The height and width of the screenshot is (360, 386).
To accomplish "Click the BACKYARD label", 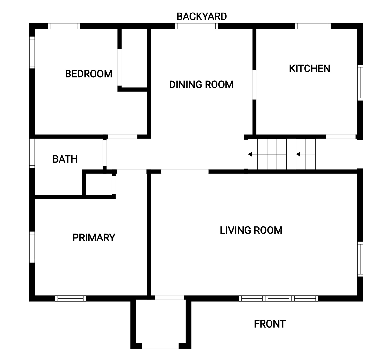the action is [202, 16].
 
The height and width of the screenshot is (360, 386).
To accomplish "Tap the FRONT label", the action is [270, 324].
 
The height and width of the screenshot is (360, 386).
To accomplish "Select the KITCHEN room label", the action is [310, 68].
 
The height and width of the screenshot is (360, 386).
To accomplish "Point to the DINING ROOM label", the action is [201, 85].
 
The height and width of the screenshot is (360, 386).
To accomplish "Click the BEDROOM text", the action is [89, 74].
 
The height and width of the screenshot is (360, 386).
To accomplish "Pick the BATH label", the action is [65, 159].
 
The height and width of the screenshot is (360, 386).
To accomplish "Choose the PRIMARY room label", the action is [94, 238].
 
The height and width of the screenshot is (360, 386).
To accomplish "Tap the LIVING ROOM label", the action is [251, 230].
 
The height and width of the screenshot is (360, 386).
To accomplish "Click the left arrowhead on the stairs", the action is [250, 154].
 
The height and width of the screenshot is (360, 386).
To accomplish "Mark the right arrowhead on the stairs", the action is [298, 154].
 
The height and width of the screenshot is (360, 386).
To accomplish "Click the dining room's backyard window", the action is [196, 26].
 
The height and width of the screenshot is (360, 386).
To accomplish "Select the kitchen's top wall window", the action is [313, 26].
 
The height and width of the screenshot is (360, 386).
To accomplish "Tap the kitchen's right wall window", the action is [360, 83].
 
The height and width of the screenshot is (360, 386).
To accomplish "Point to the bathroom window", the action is [32, 153].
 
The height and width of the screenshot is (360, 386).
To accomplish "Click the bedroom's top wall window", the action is [64, 26].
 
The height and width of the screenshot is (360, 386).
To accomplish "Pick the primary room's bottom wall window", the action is [70, 298].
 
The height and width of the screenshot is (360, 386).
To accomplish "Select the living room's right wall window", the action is [360, 259].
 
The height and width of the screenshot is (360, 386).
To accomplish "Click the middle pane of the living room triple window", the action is [278, 298].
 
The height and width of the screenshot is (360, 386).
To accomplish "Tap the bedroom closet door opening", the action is [120, 67].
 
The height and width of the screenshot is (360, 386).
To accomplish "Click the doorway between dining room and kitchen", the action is [254, 85].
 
